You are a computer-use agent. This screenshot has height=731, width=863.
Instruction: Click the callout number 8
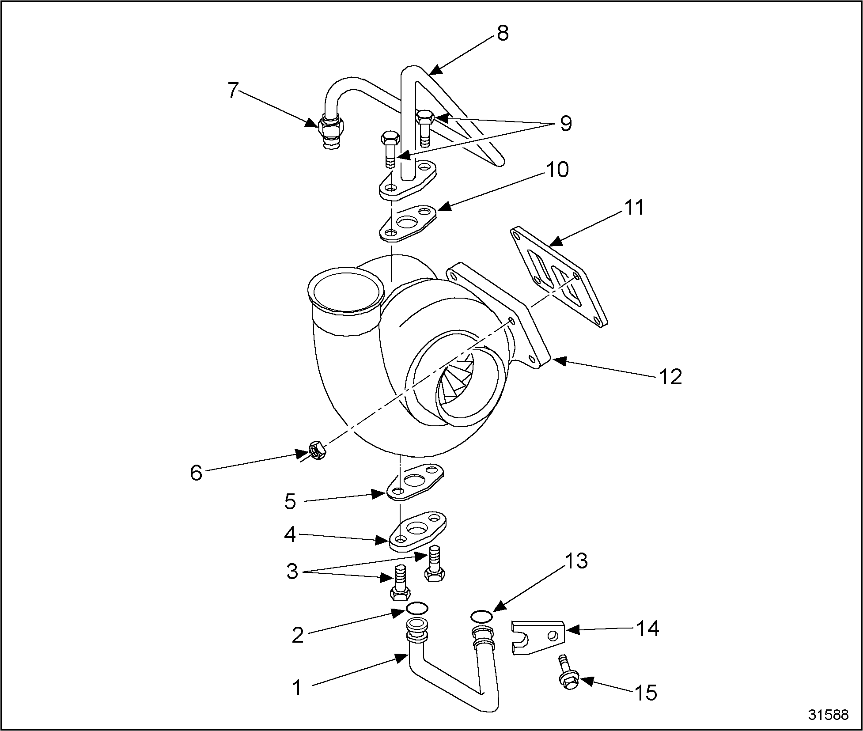tap(503, 33)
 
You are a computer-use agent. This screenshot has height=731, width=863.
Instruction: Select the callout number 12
tap(670, 376)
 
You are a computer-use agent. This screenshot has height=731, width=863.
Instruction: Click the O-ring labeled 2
tap(417, 608)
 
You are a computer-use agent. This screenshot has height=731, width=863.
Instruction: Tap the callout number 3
tap(292, 571)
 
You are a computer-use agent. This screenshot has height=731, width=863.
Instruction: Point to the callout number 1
tap(297, 688)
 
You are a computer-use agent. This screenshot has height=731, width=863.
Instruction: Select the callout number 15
tap(646, 693)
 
